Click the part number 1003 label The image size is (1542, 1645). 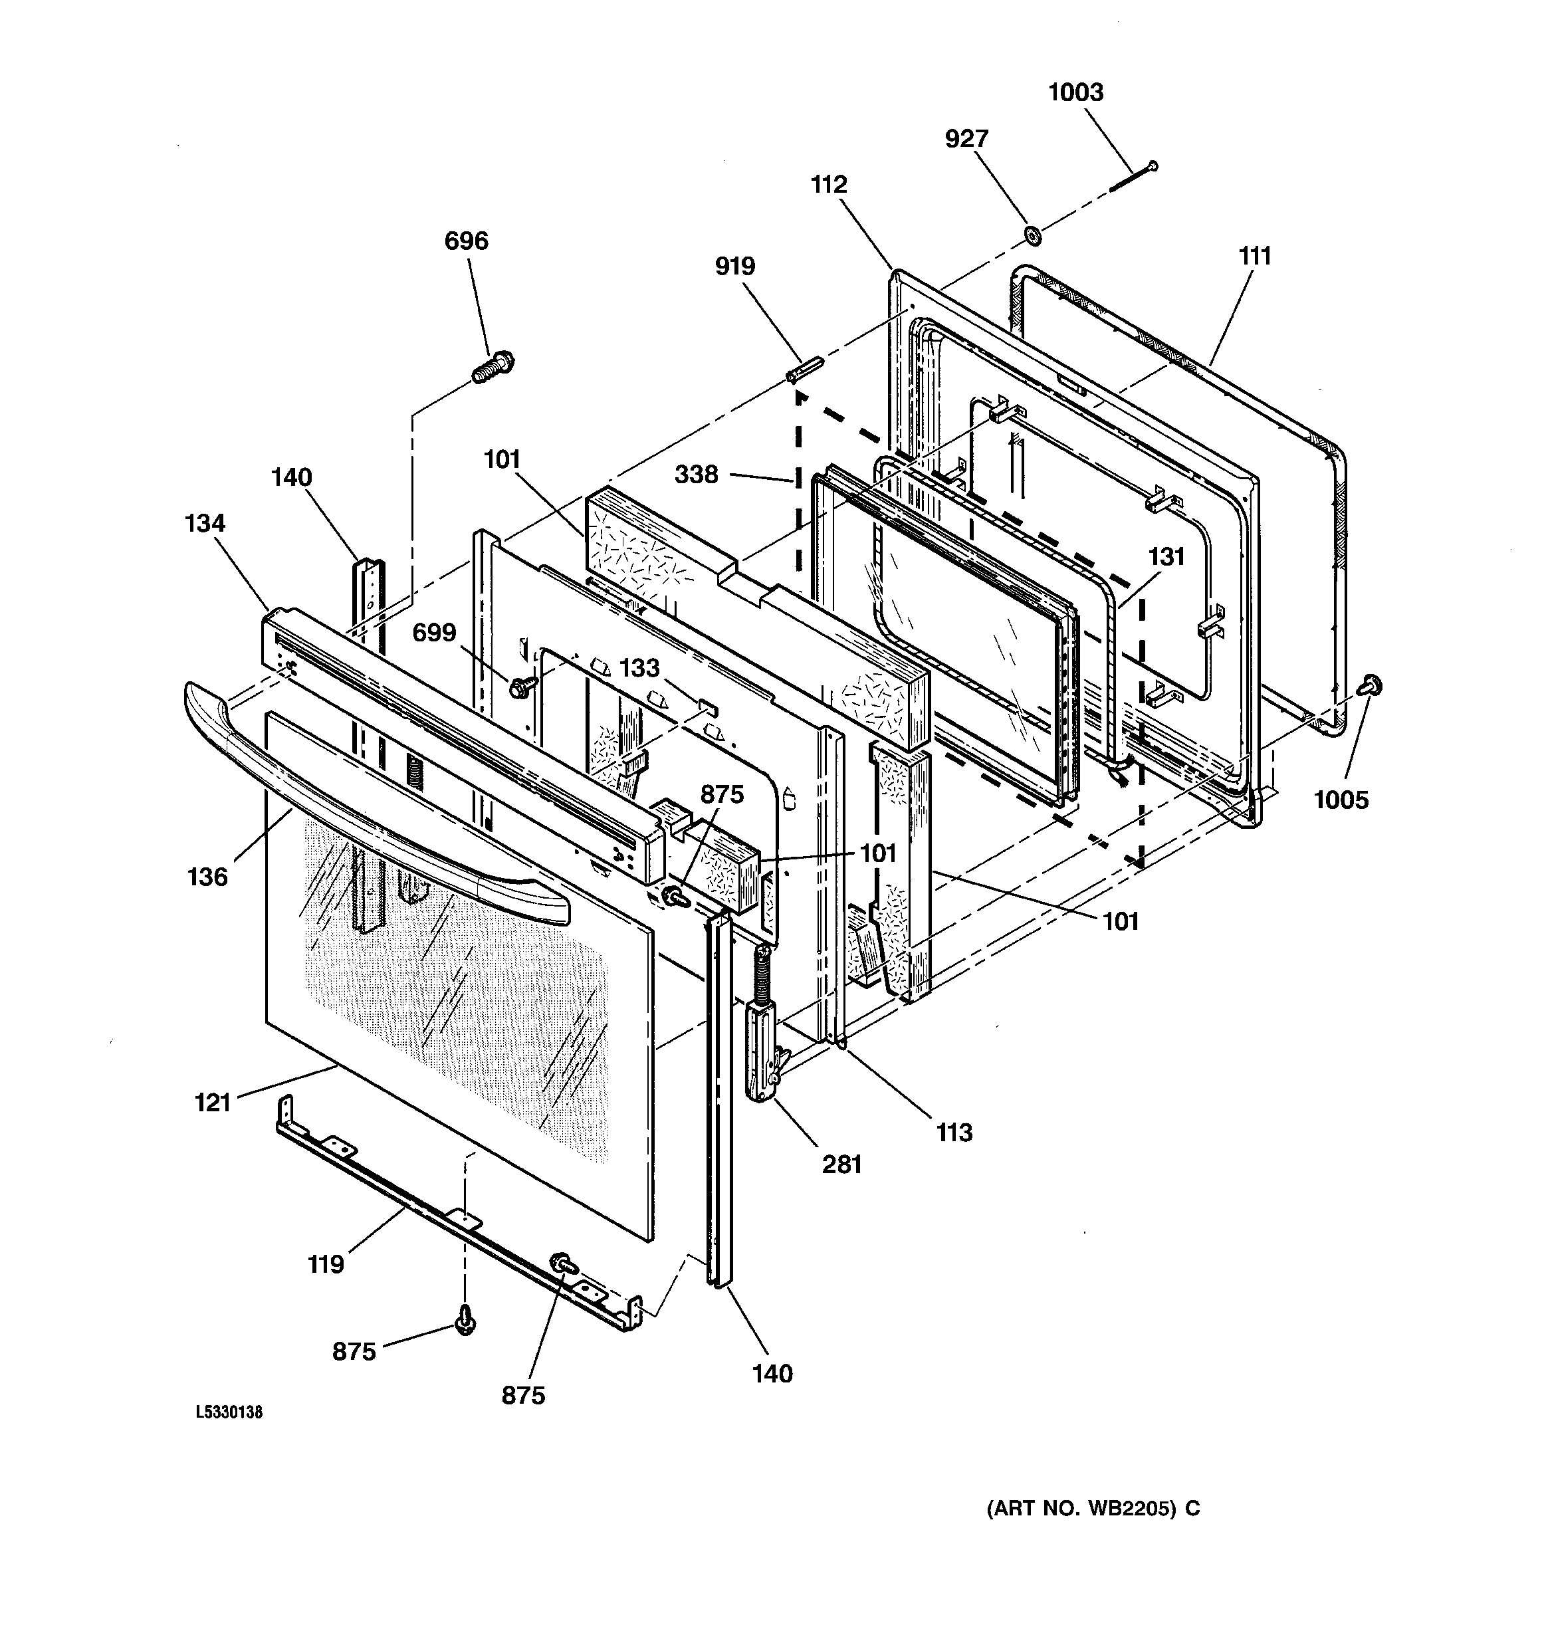click(1075, 92)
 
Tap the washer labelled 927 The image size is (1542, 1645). click(1032, 235)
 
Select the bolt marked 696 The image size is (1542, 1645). click(493, 368)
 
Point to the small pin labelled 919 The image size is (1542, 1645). click(802, 369)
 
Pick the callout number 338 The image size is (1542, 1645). click(696, 474)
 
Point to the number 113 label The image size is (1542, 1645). click(954, 1133)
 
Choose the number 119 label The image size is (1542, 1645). click(325, 1264)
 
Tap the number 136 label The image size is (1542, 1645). click(207, 876)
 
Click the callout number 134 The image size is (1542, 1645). click(205, 523)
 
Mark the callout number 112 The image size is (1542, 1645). click(829, 185)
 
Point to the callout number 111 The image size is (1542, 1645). click(1255, 257)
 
